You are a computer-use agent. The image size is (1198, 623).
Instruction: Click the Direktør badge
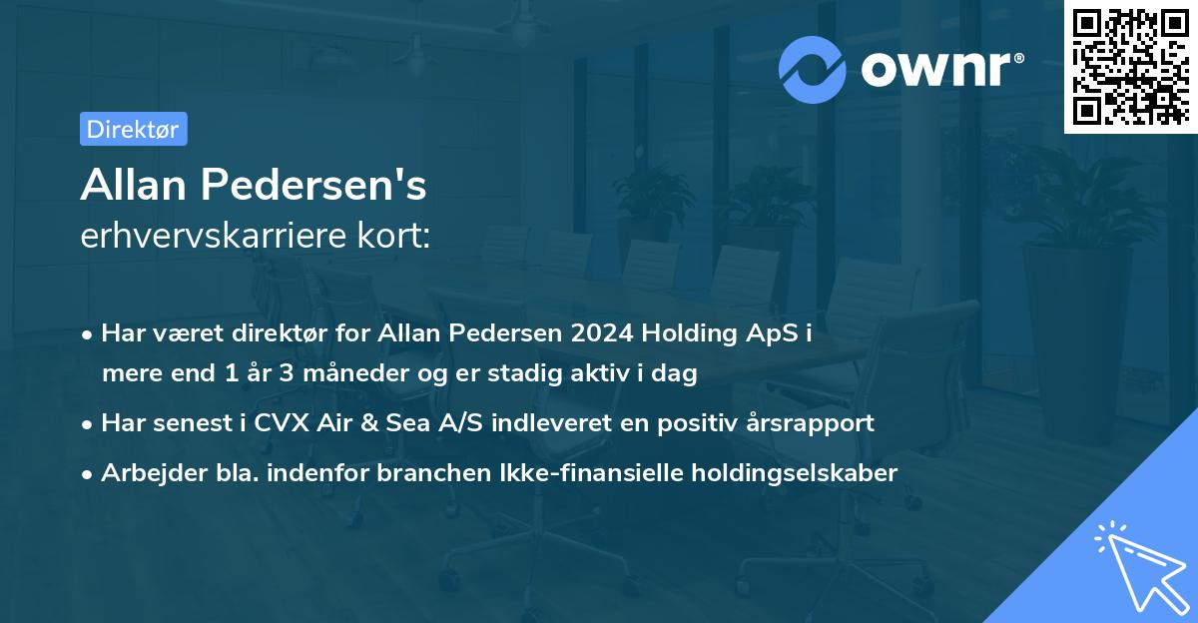click(x=133, y=129)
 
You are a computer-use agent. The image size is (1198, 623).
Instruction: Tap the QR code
click(x=1130, y=67)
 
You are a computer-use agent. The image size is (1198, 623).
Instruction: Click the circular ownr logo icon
click(x=813, y=69)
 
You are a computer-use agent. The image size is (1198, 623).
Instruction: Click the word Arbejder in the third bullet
click(x=144, y=472)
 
